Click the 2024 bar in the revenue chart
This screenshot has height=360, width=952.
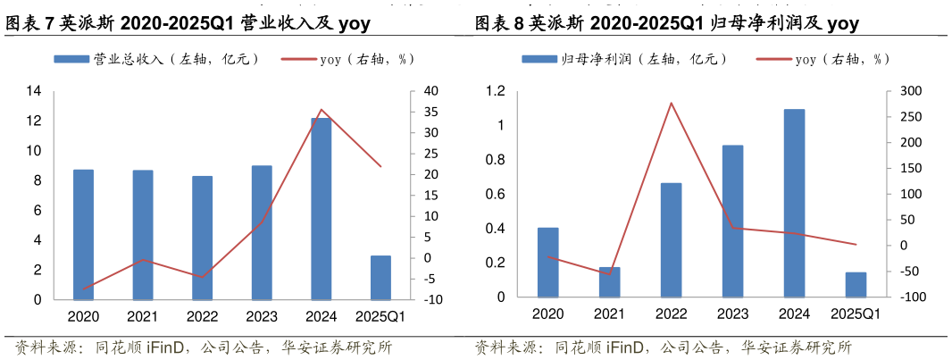point(321,208)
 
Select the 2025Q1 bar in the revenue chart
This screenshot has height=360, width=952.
point(380,278)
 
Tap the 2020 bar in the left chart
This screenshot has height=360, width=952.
point(83,234)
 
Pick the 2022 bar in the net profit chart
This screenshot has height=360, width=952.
point(671,239)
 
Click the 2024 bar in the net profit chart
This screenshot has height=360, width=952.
point(794,203)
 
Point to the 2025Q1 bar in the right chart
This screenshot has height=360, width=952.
point(856,284)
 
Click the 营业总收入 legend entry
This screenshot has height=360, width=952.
point(156,59)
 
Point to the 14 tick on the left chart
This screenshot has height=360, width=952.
point(34,91)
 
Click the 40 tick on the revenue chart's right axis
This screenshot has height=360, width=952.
point(430,91)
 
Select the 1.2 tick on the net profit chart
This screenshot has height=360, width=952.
point(495,91)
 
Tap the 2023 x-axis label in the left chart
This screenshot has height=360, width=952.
point(261,316)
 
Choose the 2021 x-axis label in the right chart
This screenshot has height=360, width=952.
point(609,314)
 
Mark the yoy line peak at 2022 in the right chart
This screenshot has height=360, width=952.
point(671,103)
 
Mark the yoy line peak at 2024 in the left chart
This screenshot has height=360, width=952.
point(321,110)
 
